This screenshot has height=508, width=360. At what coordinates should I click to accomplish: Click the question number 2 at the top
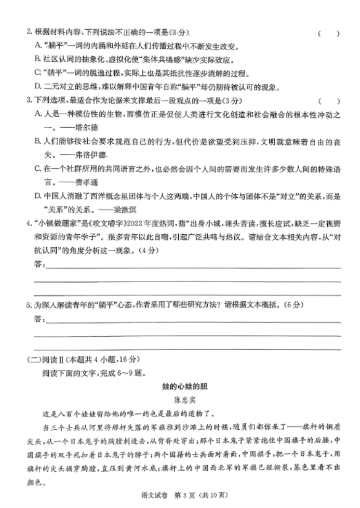29,32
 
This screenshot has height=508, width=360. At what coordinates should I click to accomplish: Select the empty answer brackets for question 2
329,34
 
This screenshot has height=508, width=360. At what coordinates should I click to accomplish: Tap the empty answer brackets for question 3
329,100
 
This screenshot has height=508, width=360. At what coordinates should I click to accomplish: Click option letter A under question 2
38,46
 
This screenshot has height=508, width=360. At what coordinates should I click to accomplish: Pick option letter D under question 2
38,87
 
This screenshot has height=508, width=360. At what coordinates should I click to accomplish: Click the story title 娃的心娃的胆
179,387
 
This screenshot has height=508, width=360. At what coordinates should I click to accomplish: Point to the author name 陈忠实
180,400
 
